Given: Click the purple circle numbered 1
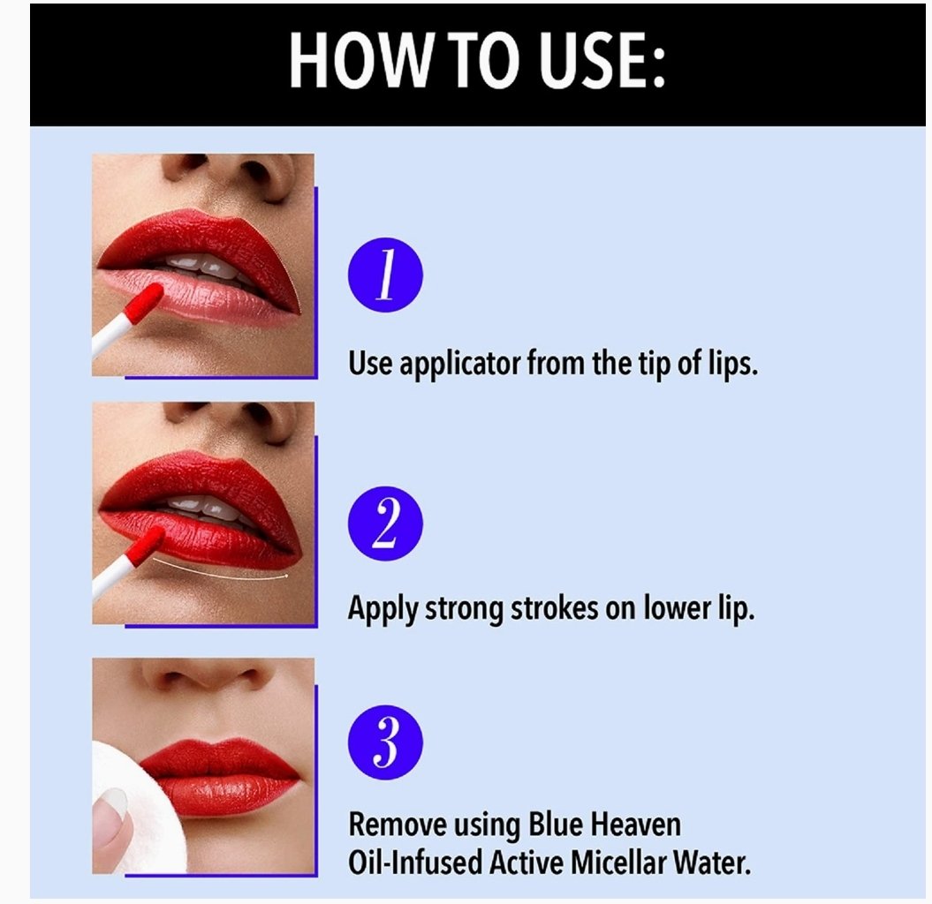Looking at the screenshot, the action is (385, 275).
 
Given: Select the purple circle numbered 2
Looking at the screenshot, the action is (385, 524).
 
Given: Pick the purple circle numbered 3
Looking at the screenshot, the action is (385, 742).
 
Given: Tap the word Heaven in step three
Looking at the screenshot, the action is (637, 825).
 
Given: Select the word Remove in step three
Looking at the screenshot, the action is (397, 825).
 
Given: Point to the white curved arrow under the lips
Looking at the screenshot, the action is (220, 572).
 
